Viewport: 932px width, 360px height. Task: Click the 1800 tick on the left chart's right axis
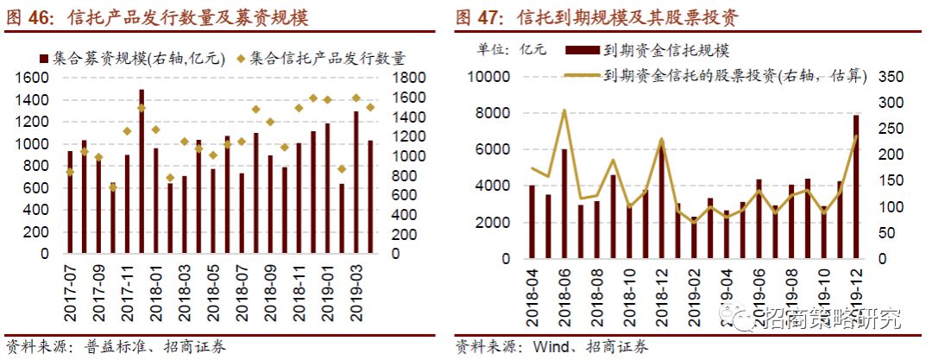pos(406,78)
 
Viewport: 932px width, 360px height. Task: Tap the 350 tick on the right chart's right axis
pos(889,77)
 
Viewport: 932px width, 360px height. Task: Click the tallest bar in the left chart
pos(142,173)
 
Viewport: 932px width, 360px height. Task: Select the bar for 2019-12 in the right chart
pos(856,186)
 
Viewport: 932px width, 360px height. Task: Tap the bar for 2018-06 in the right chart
pos(564,204)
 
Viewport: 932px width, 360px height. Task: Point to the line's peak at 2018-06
pos(564,111)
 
